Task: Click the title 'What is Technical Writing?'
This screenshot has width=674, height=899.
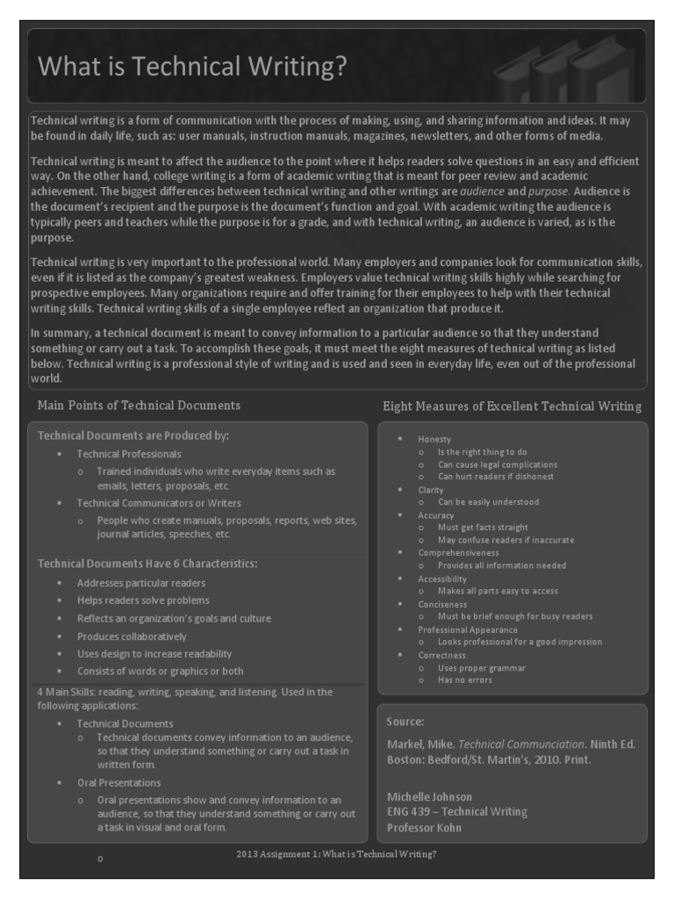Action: pyautogui.click(x=192, y=67)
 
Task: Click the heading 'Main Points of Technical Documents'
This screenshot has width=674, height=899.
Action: pyautogui.click(x=139, y=406)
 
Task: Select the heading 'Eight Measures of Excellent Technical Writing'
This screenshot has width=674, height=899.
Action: pyautogui.click(x=512, y=406)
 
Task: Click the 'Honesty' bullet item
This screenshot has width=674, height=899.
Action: pyautogui.click(x=434, y=439)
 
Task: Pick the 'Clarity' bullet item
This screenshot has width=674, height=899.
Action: pyautogui.click(x=431, y=490)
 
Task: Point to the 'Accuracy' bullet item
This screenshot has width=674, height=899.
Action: pyautogui.click(x=435, y=515)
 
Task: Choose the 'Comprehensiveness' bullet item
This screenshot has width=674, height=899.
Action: pyautogui.click(x=458, y=553)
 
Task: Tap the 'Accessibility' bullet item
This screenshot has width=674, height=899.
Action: pyautogui.click(x=442, y=579)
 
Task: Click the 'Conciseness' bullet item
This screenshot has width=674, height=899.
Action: pyautogui.click(x=442, y=604)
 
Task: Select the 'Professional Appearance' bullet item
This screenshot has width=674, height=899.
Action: pyautogui.click(x=467, y=629)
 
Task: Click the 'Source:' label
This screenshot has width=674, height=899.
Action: pyautogui.click(x=405, y=722)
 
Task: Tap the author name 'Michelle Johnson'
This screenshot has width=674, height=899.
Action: pyautogui.click(x=429, y=797)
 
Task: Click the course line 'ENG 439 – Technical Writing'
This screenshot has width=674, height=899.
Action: pyautogui.click(x=456, y=812)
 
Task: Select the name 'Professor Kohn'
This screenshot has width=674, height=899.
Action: pyautogui.click(x=424, y=828)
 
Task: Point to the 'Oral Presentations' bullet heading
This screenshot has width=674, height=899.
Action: pyautogui.click(x=118, y=782)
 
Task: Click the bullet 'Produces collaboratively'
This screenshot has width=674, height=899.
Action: pyautogui.click(x=132, y=636)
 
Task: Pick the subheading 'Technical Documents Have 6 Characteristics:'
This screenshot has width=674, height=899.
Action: pyautogui.click(x=147, y=563)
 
